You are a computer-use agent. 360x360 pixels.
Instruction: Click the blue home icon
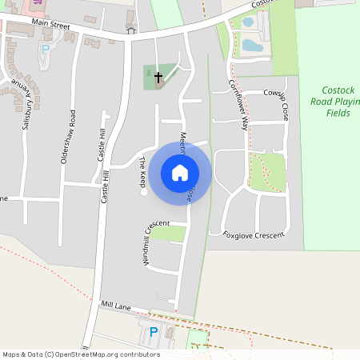coord(180,171)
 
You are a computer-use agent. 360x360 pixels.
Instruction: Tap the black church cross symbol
coord(158,78)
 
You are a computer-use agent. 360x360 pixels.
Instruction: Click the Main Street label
coord(51,26)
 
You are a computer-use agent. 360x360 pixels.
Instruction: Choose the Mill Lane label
coord(115,306)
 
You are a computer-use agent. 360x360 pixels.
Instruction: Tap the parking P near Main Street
coord(45,49)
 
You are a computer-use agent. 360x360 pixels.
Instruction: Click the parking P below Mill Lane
coord(154,331)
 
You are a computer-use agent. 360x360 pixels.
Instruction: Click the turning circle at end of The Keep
coord(144,192)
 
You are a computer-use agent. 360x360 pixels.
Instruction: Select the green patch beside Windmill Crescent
coord(169,233)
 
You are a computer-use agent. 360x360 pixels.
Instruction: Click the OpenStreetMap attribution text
coord(82,354)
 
